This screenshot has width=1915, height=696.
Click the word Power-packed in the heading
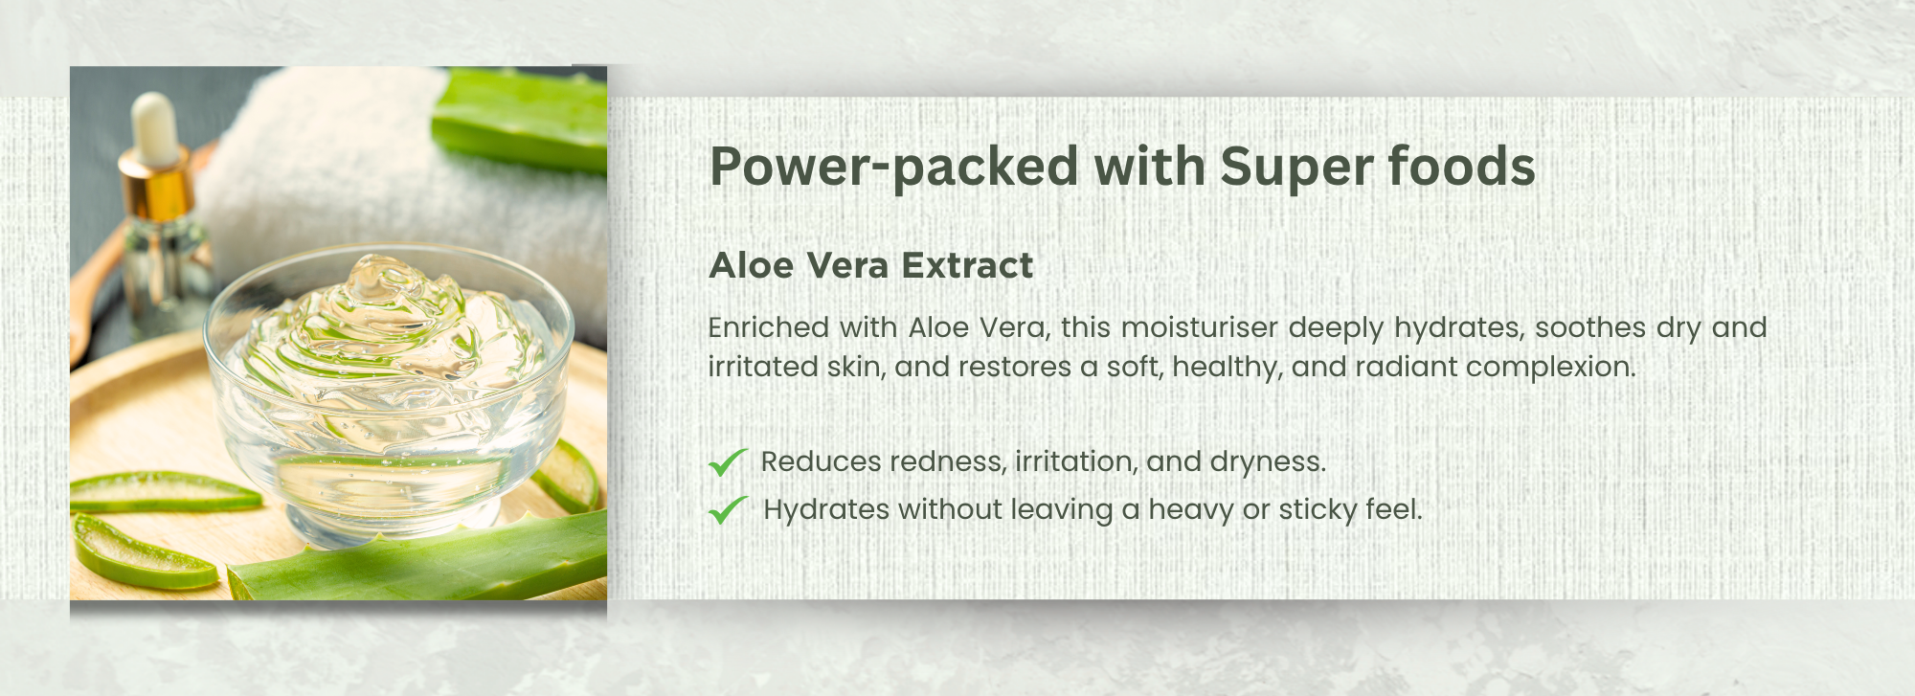pyautogui.click(x=894, y=168)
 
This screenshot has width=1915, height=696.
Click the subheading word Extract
pyautogui.click(x=967, y=265)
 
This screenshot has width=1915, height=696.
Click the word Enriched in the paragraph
pyautogui.click(x=769, y=327)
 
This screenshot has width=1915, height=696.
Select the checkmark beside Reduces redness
pyautogui.click(x=728, y=461)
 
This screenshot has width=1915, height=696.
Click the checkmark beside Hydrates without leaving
pyautogui.click(x=728, y=510)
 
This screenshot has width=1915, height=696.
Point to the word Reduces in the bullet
pyautogui.click(x=821, y=461)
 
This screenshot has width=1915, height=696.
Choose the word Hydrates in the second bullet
pyautogui.click(x=826, y=510)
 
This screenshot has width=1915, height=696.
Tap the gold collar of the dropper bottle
pyautogui.click(x=157, y=186)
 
